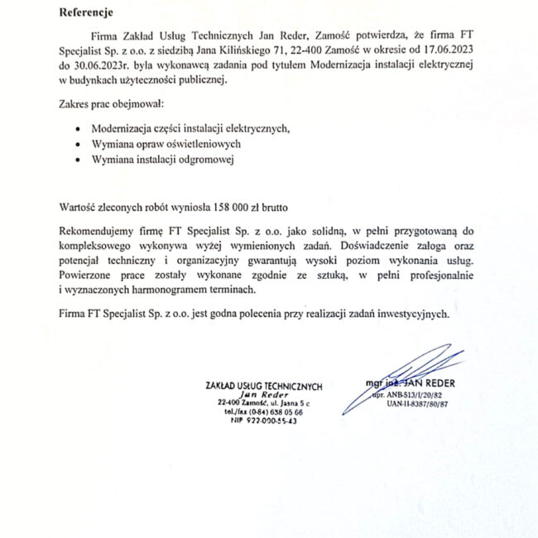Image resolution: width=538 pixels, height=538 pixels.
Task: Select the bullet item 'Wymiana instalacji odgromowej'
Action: (164, 159)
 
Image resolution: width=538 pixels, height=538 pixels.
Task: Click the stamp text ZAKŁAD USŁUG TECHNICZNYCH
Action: (263, 387)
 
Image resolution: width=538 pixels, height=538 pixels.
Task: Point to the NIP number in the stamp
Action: (263, 420)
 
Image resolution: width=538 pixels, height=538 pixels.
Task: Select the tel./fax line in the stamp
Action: (263, 411)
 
